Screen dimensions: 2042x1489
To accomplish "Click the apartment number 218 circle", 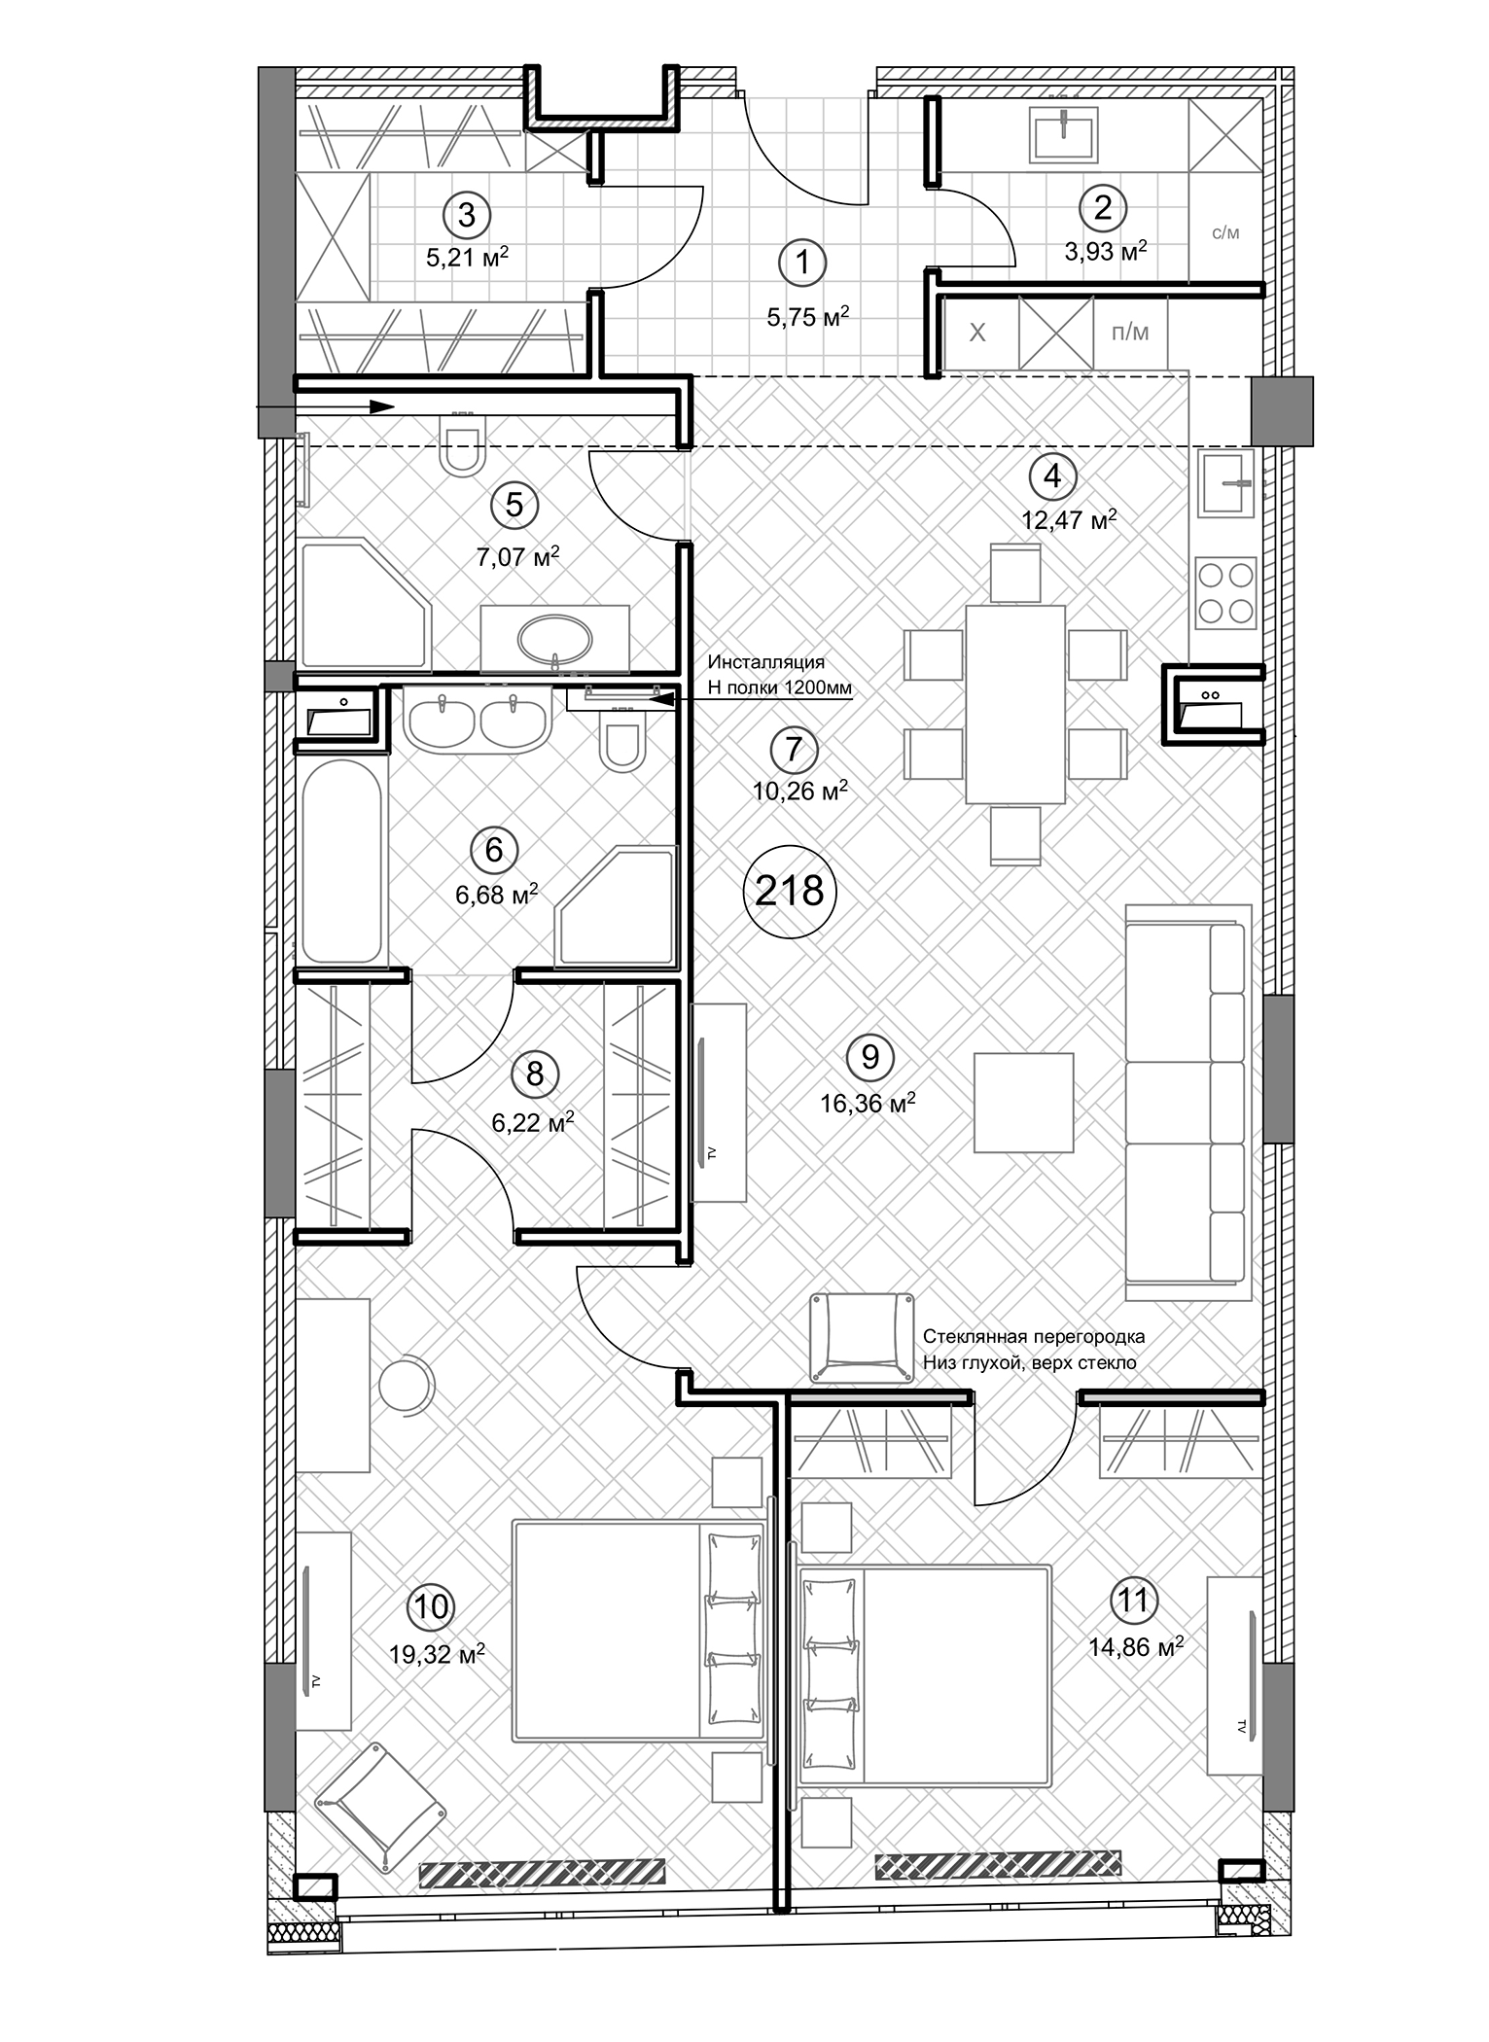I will point(789,890).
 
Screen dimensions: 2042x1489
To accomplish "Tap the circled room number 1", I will point(802,263).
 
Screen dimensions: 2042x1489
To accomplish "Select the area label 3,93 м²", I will point(1105,252).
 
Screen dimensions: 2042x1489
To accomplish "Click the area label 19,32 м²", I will point(437,1654).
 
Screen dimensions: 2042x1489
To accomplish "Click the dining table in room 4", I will point(1015,704).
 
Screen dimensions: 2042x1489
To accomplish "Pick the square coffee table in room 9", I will point(1023,1103).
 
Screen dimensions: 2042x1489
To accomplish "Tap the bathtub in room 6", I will point(340,861).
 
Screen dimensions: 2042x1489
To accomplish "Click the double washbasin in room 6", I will point(476,720).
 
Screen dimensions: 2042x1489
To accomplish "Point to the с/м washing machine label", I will point(1225,233).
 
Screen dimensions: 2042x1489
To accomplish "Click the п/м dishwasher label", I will point(1130,333).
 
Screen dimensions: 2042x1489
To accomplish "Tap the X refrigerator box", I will point(978,333).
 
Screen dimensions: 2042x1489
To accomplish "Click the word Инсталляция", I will point(765,662).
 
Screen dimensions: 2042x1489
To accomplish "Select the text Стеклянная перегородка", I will point(1034,1336).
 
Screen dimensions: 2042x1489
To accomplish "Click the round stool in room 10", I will point(405,1385).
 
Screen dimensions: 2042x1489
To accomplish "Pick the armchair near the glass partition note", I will point(861,1336).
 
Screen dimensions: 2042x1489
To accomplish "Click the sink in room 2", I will point(1064,135).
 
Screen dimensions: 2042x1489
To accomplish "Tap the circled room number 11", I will point(1132,1601).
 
